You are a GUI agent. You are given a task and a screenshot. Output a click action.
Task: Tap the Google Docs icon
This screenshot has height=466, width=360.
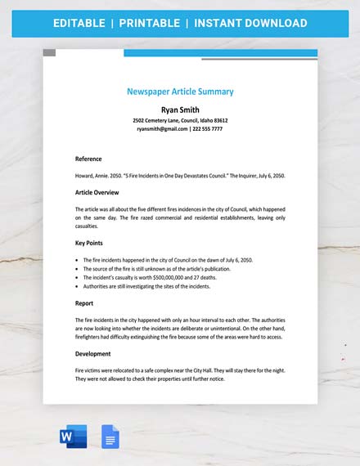tap(110, 437)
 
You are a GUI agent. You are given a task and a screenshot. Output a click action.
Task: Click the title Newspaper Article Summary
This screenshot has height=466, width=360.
tap(180, 92)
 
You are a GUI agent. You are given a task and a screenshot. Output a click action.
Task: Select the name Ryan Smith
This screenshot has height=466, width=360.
tap(180, 110)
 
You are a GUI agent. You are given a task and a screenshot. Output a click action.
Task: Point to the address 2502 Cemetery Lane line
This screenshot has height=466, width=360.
tap(180, 120)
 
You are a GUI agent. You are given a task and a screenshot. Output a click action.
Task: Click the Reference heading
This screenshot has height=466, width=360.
tap(88, 159)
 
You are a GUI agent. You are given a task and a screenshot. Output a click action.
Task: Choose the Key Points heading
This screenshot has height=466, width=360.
tap(91, 244)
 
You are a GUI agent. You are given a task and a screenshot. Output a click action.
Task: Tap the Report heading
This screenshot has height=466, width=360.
tap(84, 302)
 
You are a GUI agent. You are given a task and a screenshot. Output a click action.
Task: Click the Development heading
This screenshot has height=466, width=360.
tap(92, 354)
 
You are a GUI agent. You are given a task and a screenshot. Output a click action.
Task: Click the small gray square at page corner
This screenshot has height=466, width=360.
tap(49, 52)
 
